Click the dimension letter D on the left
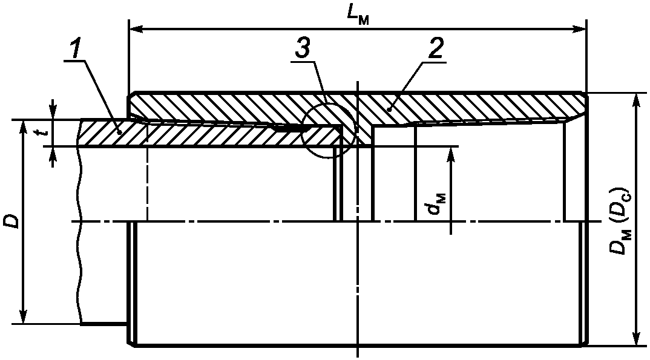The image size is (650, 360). [x=13, y=221]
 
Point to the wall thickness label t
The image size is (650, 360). [x=42, y=133]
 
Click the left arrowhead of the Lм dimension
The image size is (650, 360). [x=136, y=28]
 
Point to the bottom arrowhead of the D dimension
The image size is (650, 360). [x=22, y=317]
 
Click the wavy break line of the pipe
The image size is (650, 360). [x=79, y=242]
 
